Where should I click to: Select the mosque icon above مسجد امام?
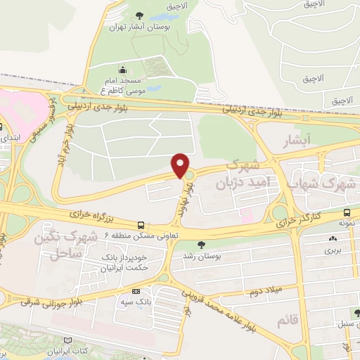click(124, 70)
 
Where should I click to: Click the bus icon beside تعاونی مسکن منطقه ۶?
click(142, 226)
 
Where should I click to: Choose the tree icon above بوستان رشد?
click(202, 245)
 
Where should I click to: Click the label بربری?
click(331, 250)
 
